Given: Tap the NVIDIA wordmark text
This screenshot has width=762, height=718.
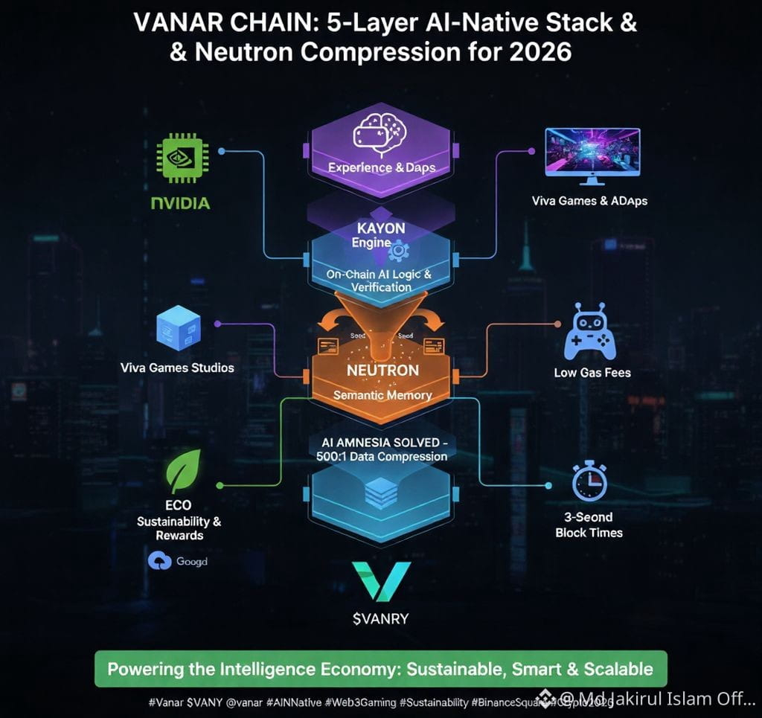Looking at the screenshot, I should click(180, 203).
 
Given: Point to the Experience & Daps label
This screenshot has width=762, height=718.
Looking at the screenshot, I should click(382, 167).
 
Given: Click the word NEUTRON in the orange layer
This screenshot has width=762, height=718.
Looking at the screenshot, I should click(382, 370).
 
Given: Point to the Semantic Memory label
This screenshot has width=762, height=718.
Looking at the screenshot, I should click(382, 395).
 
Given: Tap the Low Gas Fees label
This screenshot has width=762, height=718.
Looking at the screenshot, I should click(592, 372).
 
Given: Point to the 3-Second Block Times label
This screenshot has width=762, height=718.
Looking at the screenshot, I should click(589, 525).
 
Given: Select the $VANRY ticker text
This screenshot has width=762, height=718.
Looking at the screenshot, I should click(381, 618).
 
